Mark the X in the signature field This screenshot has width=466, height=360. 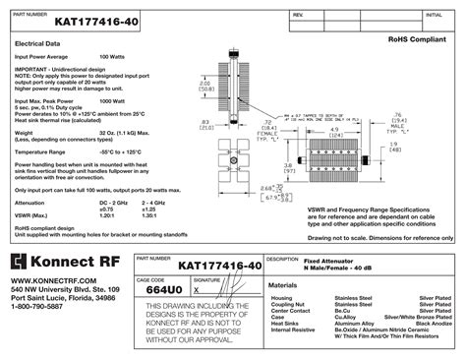point(196,291)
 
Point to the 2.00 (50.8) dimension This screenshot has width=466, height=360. point(206,89)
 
